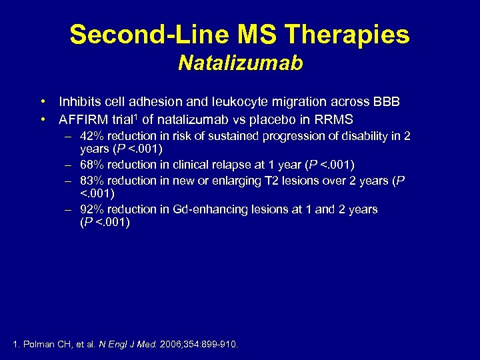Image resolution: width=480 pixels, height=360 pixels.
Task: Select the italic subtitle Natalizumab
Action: (240, 63)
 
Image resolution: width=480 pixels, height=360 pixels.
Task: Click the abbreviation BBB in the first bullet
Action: (387, 102)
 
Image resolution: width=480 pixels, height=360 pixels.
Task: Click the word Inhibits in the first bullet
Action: (78, 102)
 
